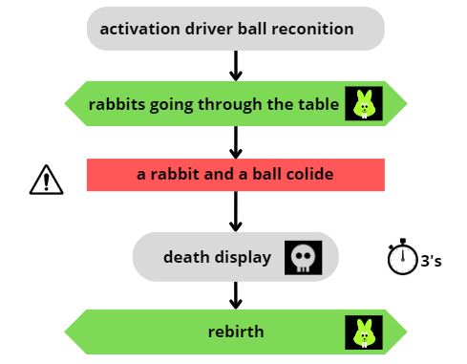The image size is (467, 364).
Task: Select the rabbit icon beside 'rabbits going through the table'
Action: [363, 103]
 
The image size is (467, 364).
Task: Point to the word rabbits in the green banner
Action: [117, 104]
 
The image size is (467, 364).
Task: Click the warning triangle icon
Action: [46, 179]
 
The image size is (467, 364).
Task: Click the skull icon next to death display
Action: [303, 257]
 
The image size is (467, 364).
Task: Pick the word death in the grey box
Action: [184, 257]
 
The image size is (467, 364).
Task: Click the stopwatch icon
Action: [402, 256]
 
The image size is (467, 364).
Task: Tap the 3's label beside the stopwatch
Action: [431, 260]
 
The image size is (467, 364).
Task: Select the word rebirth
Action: [235, 332]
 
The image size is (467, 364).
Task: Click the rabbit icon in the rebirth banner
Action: [363, 332]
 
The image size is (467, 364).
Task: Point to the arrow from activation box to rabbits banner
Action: [236, 65]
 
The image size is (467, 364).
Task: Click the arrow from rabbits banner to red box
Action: [236, 141]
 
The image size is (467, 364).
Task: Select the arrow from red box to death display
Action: [236, 209]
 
